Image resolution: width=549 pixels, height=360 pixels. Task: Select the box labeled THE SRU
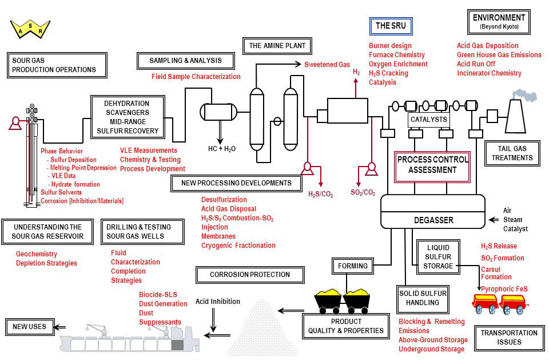tap(390, 26)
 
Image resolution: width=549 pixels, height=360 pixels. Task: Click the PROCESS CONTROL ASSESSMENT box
tap(432, 164)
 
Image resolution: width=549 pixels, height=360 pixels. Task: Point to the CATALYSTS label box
tap(428, 120)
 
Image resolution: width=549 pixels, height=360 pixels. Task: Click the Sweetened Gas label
tap(327, 65)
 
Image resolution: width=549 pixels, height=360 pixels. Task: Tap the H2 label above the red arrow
tap(356, 72)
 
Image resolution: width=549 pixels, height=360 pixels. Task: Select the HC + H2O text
tap(221, 148)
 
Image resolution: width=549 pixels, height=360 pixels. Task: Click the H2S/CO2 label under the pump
tap(321, 193)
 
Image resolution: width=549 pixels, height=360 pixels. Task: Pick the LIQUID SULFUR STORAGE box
tap(439, 256)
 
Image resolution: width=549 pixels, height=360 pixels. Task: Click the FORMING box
tap(353, 266)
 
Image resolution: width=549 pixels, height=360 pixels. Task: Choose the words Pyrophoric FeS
tap(504, 288)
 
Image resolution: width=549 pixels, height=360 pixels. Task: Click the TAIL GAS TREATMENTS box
tap(512, 153)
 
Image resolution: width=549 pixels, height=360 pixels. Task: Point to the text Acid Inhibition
tap(218, 302)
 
